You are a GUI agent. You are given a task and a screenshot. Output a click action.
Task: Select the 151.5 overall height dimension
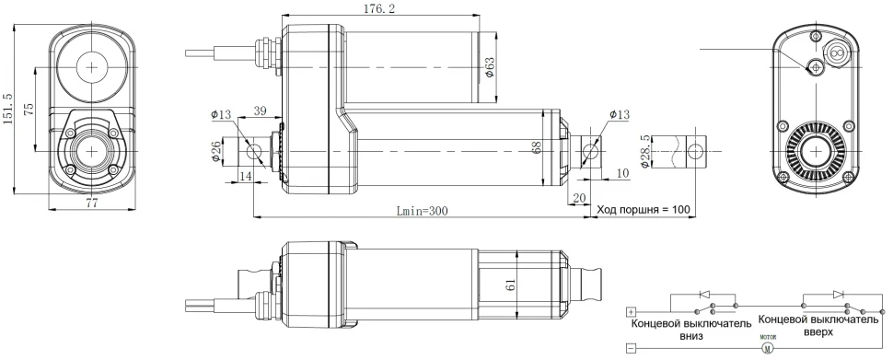pyautogui.click(x=9, y=107)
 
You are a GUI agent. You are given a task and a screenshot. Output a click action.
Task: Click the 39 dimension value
pyautogui.click(x=260, y=110)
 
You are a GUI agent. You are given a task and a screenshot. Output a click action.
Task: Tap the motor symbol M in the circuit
pyautogui.click(x=768, y=348)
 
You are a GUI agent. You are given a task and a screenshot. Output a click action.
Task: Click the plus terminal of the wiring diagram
pyautogui.click(x=631, y=311)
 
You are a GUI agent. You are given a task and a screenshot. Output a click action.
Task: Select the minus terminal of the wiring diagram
pyautogui.click(x=631, y=349)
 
